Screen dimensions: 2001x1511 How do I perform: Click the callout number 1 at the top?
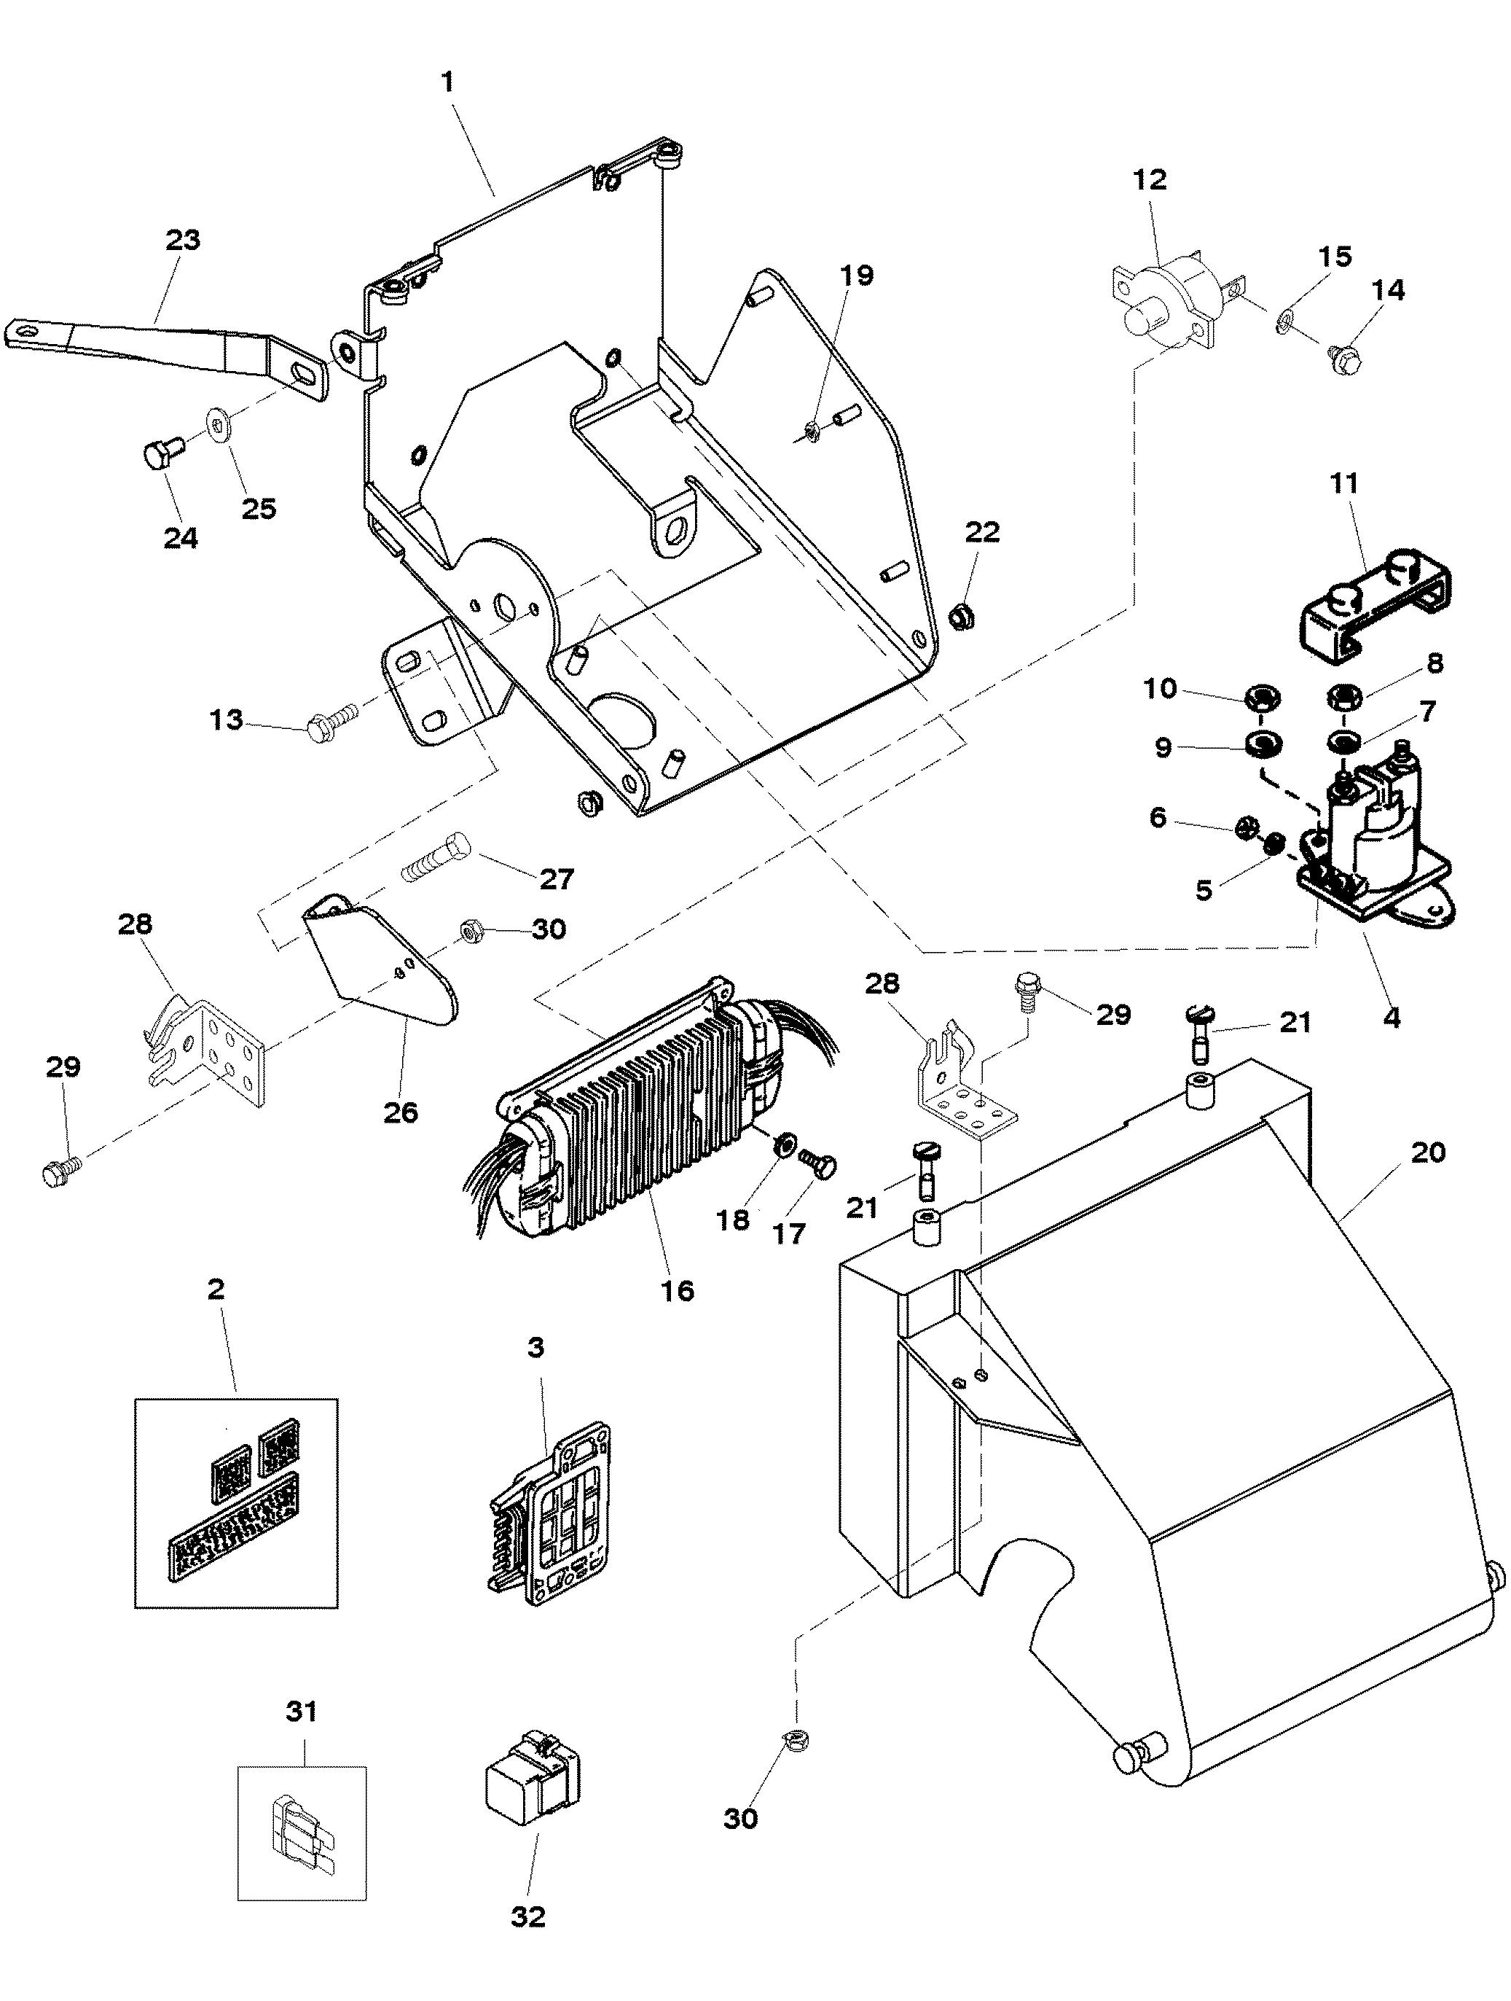point(447,82)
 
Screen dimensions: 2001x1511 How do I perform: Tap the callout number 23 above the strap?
point(183,241)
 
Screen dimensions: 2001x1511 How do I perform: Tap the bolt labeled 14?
point(1345,360)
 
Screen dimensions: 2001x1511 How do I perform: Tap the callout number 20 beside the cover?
point(1428,1152)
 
